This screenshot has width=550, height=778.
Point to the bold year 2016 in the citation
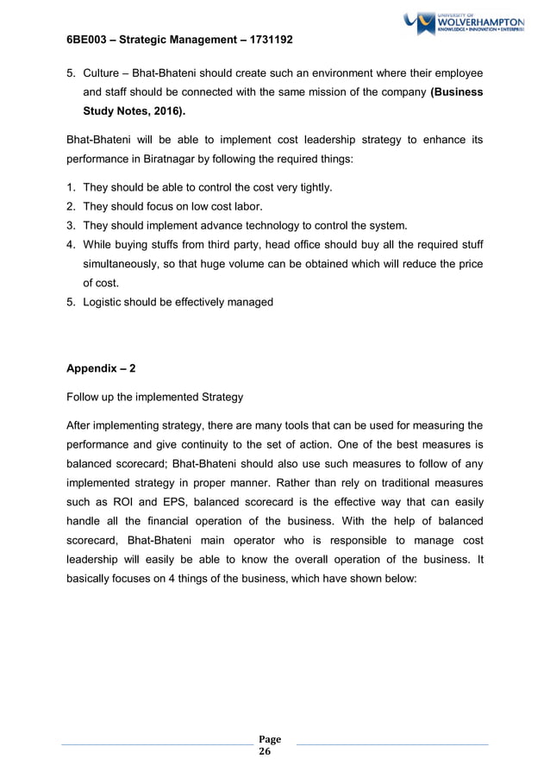(x=164, y=111)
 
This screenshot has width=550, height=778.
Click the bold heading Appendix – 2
(x=101, y=368)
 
